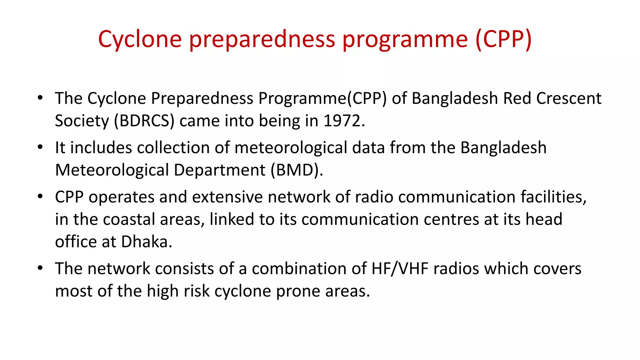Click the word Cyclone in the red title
coord(140,39)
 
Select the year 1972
coord(342,121)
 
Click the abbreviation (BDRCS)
coord(144,121)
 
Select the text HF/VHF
coord(400,269)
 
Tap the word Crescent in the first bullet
coord(569,98)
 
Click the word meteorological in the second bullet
coord(291,147)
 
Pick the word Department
coord(219,170)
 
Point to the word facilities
coord(551,197)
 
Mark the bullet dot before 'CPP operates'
coord(40,197)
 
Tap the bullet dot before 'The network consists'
coord(40,268)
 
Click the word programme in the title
coord(405,39)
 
